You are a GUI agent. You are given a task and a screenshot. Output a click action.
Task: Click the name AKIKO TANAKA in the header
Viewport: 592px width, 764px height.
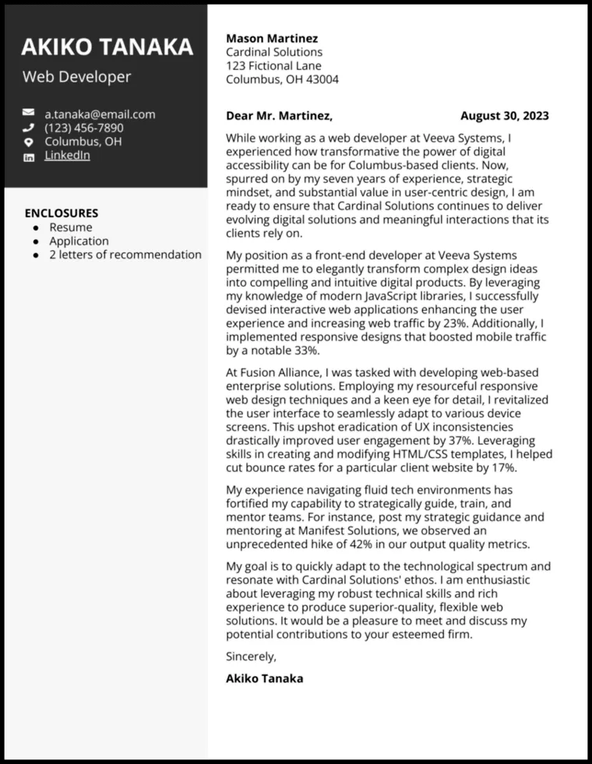[107, 47]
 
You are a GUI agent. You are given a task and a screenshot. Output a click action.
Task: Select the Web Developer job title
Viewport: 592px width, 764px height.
[76, 76]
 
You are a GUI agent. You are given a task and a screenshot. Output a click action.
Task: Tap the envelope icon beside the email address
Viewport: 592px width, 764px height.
[29, 114]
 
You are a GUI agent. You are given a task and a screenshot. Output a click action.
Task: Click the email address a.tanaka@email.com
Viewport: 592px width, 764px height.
[100, 114]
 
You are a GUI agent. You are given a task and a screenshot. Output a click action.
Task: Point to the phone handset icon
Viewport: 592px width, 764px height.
[29, 128]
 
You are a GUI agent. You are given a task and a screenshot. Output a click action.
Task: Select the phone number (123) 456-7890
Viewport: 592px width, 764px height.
[83, 128]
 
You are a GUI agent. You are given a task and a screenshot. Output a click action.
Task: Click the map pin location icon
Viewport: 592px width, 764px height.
[29, 142]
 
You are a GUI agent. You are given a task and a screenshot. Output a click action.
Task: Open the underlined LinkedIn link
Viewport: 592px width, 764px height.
[67, 155]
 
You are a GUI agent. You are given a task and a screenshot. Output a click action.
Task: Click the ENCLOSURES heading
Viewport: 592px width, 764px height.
[62, 213]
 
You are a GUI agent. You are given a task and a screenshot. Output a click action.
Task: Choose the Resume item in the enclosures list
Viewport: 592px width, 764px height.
[71, 227]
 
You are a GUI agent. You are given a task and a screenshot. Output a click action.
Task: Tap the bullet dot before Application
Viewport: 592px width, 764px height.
[35, 241]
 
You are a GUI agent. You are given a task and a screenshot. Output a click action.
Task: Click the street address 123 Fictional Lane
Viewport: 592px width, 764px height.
[273, 65]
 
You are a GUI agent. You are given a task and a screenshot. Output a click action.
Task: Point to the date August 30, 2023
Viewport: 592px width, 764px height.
[504, 116]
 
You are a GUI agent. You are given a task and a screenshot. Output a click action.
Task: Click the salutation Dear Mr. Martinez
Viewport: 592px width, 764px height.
[279, 116]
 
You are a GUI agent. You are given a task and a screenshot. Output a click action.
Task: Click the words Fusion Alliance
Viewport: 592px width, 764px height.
[279, 372]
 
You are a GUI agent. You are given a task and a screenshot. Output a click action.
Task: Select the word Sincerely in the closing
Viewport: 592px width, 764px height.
[251, 656]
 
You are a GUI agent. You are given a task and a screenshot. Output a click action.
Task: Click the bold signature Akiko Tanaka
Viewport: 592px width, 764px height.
[264, 678]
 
